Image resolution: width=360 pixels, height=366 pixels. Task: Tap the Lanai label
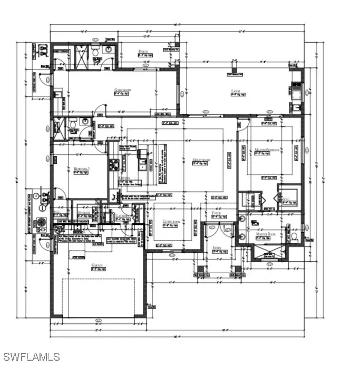[x=236, y=91]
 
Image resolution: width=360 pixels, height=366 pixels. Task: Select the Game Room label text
[x=122, y=90]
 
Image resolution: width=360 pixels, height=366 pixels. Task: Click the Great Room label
[x=201, y=160]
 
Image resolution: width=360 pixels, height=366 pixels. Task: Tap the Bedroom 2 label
[x=81, y=169]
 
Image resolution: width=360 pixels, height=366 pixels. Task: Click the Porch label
[x=142, y=52]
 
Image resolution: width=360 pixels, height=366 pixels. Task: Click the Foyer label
[x=216, y=213]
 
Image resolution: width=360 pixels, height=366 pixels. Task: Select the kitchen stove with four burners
[x=113, y=164]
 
